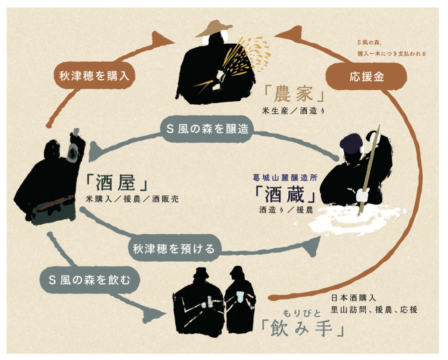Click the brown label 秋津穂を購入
coord(94,76)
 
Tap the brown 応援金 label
coord(367,76)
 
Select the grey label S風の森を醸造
coord(207,129)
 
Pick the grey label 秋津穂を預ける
coord(173,248)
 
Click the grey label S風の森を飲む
coord(89,280)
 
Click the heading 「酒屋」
coord(116,183)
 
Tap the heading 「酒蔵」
coord(285,194)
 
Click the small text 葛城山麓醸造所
coord(285,177)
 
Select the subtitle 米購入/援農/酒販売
coord(132,199)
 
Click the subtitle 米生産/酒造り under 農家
coord(294,111)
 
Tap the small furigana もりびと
coord(302,313)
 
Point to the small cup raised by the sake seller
coord(76,131)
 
